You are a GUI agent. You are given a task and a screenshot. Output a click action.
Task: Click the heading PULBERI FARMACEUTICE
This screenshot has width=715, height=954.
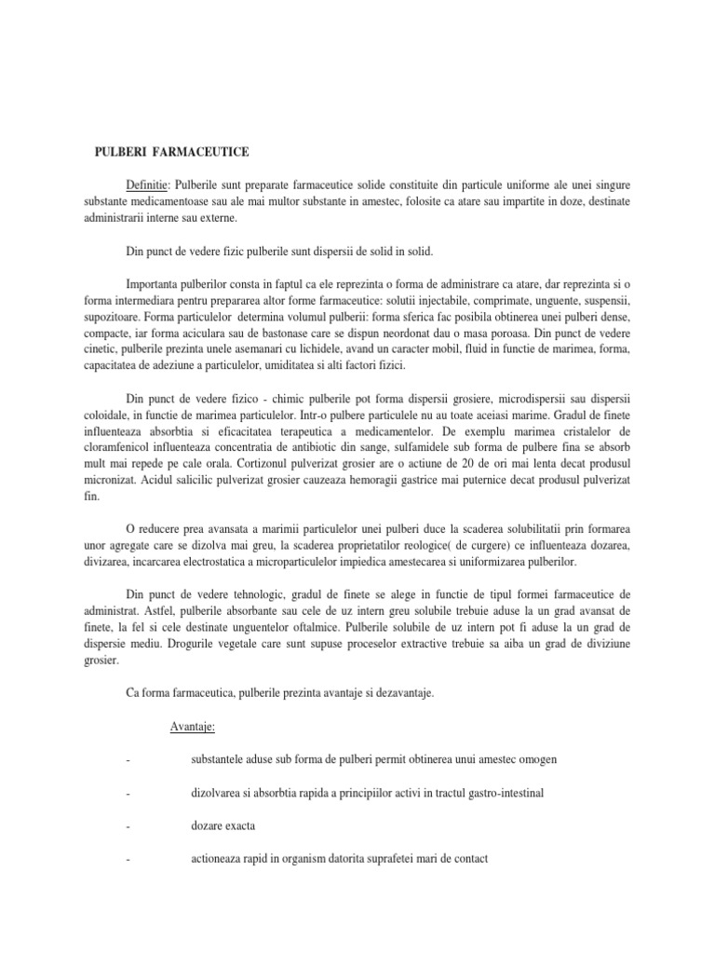pyautogui.click(x=174, y=151)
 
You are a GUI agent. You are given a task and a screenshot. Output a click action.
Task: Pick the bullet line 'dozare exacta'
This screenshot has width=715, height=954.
pyautogui.click(x=223, y=826)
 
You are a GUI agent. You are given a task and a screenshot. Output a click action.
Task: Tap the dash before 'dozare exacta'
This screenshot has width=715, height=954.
pyautogui.click(x=126, y=826)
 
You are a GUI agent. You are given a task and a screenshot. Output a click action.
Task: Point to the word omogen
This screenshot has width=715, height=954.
pyautogui.click(x=539, y=759)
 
